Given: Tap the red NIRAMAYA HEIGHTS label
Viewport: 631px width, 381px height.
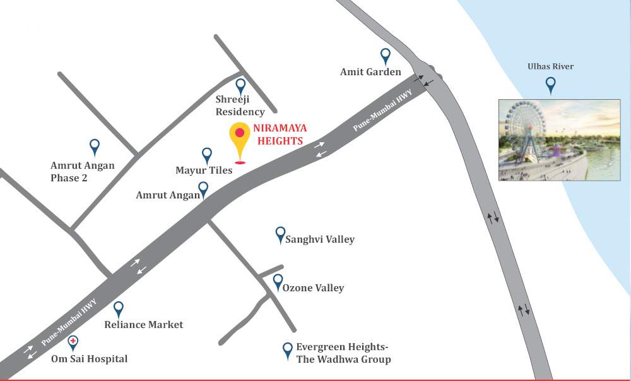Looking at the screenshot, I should click(x=278, y=135).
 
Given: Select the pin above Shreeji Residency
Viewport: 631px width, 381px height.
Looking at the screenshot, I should click(x=240, y=87).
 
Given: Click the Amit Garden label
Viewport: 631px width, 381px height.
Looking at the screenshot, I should click(x=370, y=72).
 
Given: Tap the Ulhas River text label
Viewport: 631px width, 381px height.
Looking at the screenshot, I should click(x=551, y=66).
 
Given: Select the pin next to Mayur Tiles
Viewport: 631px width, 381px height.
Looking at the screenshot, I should click(x=207, y=155).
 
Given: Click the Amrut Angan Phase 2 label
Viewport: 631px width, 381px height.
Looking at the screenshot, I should click(x=83, y=171).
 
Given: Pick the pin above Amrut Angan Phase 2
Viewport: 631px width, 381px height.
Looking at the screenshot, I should click(x=95, y=147).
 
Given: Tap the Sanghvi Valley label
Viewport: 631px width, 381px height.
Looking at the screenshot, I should click(x=320, y=239).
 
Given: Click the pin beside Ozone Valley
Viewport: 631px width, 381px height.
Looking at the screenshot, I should click(x=278, y=282).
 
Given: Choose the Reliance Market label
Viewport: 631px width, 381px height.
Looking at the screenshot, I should click(x=143, y=325).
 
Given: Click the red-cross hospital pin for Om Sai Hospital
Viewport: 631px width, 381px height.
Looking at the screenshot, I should click(x=74, y=343).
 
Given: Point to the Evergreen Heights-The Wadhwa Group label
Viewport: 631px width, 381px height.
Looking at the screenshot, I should click(x=345, y=353).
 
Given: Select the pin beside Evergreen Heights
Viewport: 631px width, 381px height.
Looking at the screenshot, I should click(x=288, y=349).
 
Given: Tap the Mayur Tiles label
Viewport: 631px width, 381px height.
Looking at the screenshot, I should click(x=204, y=170).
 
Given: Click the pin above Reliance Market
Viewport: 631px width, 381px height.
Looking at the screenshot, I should click(x=119, y=309).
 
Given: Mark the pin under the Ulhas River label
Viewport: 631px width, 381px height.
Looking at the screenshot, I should click(x=551, y=85).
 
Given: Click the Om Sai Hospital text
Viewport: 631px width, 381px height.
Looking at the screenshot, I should click(x=89, y=359).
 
